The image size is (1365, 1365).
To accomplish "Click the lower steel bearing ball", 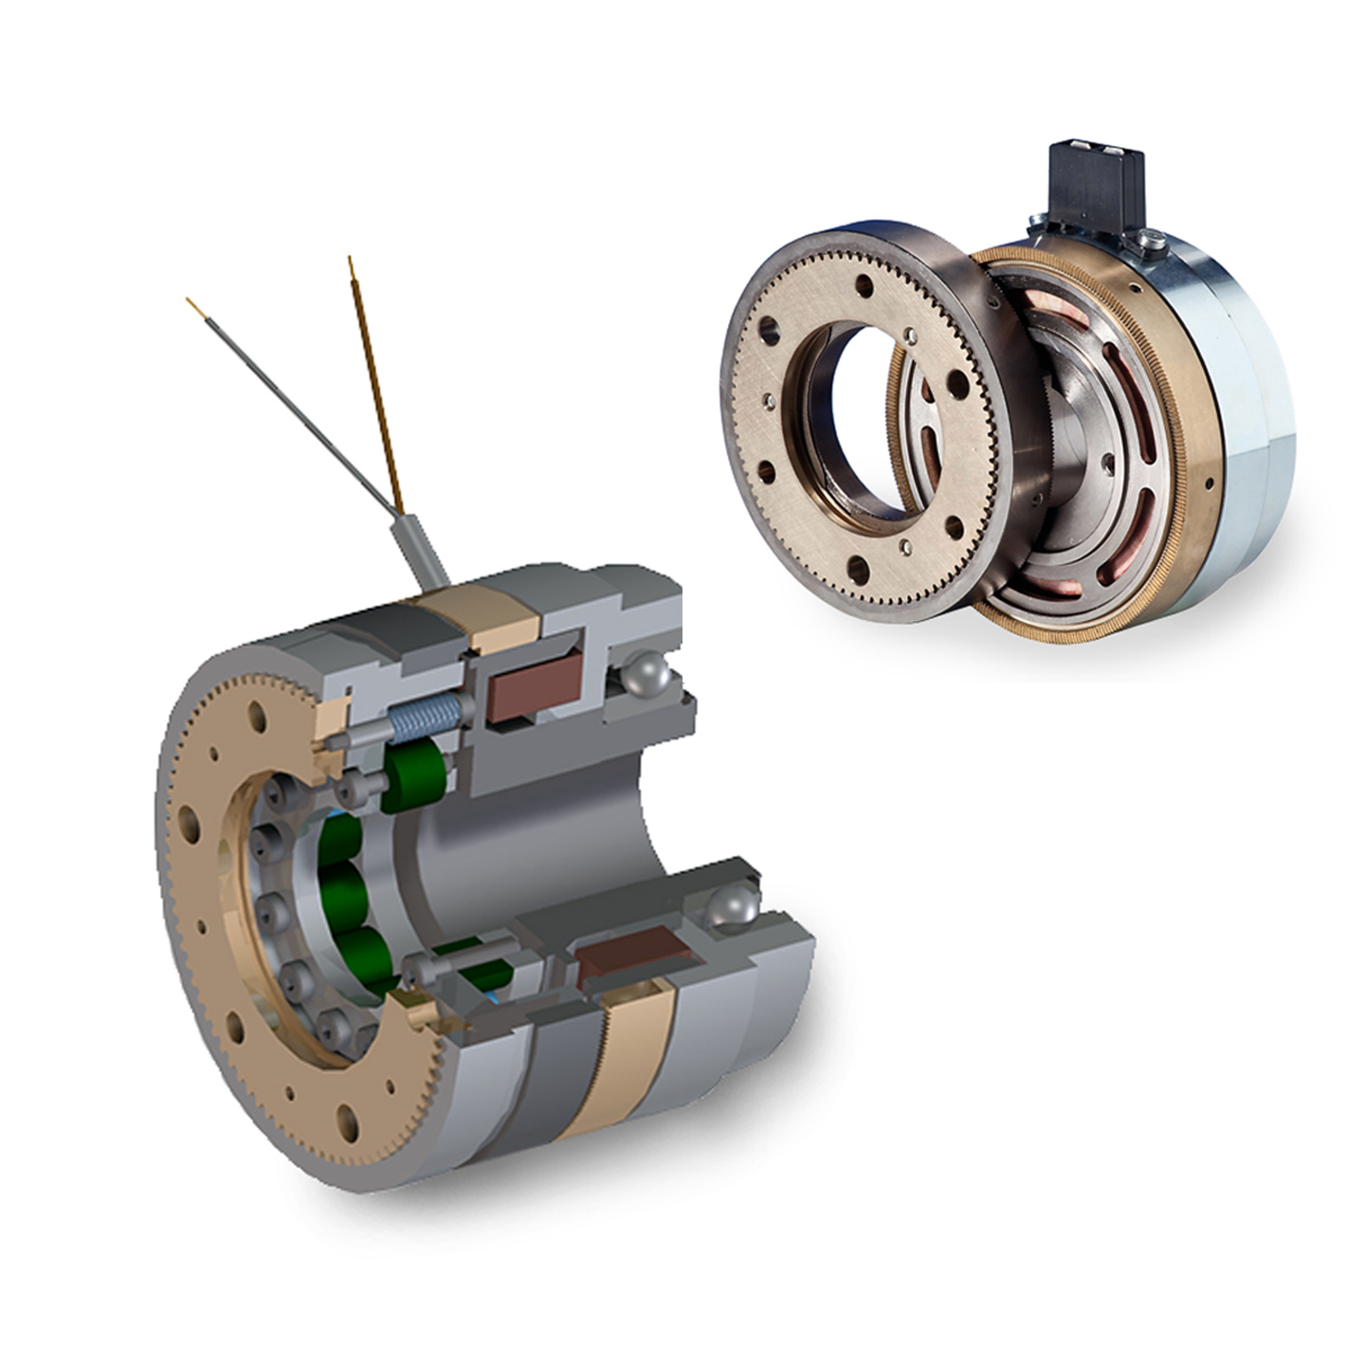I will tap(732, 906).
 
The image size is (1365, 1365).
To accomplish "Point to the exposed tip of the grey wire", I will tap(191, 304).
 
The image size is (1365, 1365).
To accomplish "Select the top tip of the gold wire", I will tap(352, 261).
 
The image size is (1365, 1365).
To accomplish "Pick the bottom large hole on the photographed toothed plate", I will tap(858, 568).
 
